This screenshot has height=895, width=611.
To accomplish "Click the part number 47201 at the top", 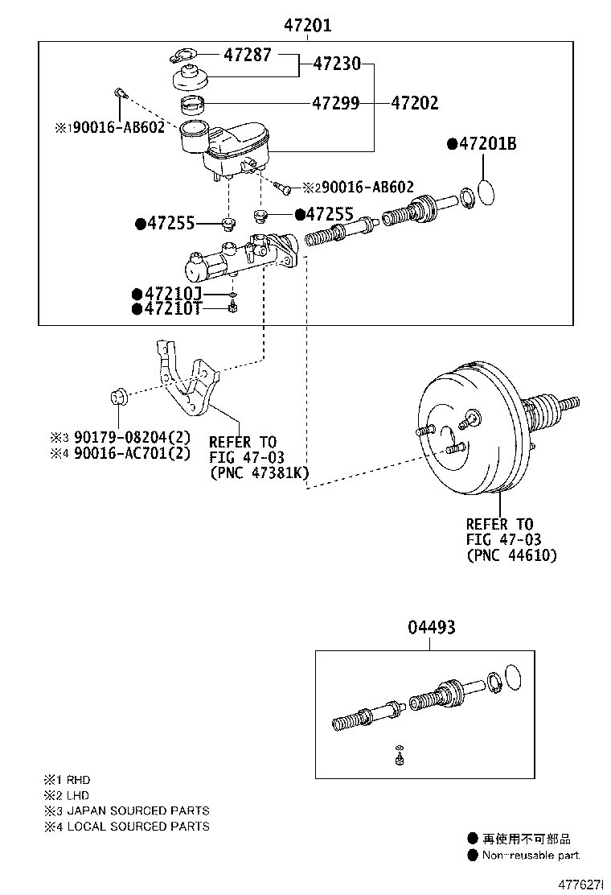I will [307, 26].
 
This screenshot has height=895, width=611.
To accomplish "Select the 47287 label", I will [248, 56].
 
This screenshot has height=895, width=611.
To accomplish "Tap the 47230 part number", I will [337, 64].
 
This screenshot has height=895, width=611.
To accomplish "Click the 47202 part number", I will [415, 103].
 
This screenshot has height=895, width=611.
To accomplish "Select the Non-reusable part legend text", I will [530, 856].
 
